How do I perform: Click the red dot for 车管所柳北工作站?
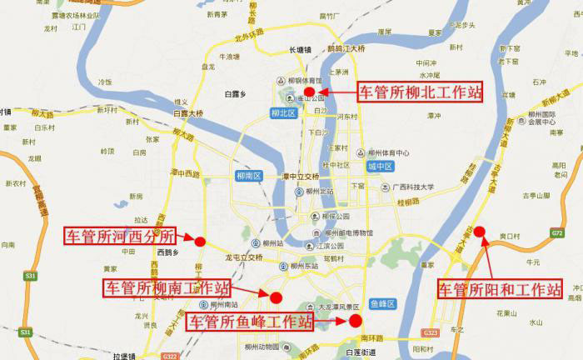pos(309,92)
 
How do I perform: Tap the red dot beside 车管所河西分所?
pos(200,242)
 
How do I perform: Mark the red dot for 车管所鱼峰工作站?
pos(355,320)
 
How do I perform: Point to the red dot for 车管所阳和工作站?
pos(479,230)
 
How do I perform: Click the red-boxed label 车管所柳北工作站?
pos(420,92)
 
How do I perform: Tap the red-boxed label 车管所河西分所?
pos(121,235)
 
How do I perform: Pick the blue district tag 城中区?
pos(378,166)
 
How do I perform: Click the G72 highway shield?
pos(556,234)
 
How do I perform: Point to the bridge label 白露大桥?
pos(187,112)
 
